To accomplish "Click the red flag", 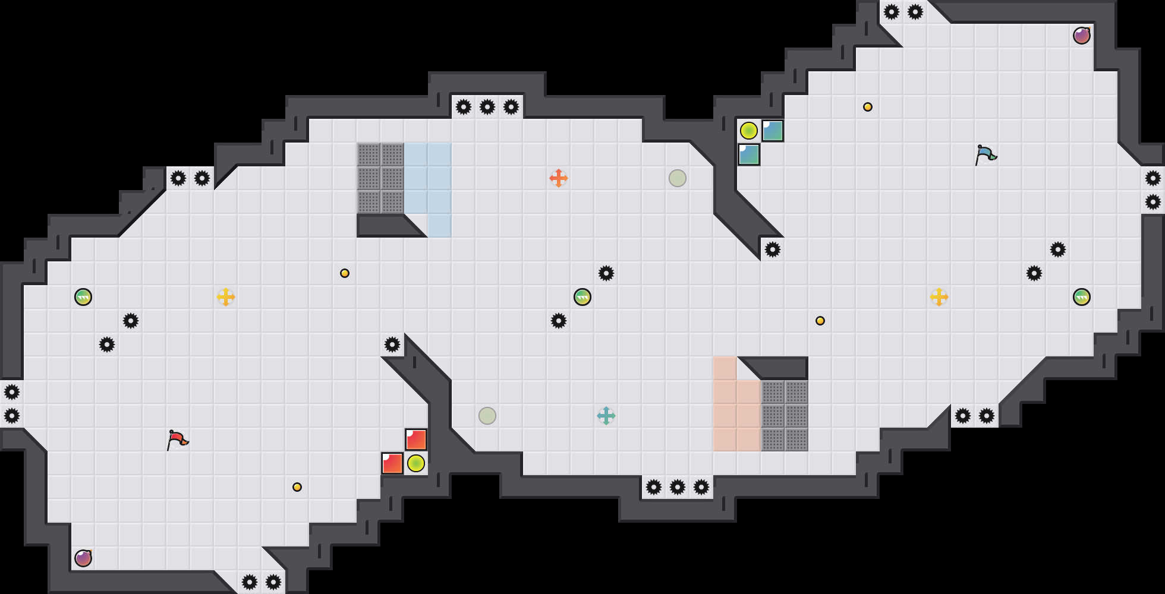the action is [x=177, y=440].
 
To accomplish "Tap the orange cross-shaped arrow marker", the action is [x=559, y=178].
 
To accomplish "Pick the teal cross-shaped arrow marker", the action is [x=606, y=416].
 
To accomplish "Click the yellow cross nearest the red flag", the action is [x=226, y=297].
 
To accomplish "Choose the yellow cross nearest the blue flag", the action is [x=939, y=297].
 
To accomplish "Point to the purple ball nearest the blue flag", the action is [x=1082, y=36].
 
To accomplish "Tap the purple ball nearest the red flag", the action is [x=83, y=558].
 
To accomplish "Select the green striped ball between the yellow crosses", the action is [x=582, y=297].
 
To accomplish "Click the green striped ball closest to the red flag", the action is [x=83, y=297].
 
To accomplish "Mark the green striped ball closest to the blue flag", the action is [x=1082, y=297].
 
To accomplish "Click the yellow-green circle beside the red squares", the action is [x=416, y=463].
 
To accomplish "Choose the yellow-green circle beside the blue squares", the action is [x=749, y=131].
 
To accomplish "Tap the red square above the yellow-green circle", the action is [x=416, y=440].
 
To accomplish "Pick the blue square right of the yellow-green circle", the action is [x=773, y=131].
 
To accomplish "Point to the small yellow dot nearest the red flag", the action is [x=297, y=487].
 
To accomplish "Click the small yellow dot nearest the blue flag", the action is [x=868, y=107].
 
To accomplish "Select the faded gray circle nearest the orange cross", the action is [x=678, y=178].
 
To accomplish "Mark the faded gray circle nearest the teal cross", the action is [x=487, y=416].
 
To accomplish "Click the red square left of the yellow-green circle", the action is [x=392, y=463].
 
